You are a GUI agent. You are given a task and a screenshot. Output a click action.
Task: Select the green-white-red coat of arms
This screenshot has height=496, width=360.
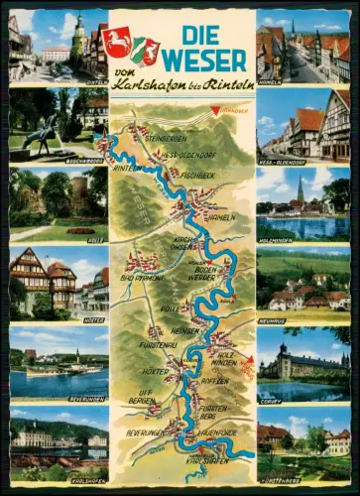pos(146,50)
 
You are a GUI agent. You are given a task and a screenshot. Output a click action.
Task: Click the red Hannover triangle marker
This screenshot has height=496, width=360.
pos(217,111)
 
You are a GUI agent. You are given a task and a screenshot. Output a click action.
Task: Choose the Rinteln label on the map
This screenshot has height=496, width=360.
pos(125,168)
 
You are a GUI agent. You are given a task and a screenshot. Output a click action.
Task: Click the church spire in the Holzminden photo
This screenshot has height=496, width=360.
pos(300,187)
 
